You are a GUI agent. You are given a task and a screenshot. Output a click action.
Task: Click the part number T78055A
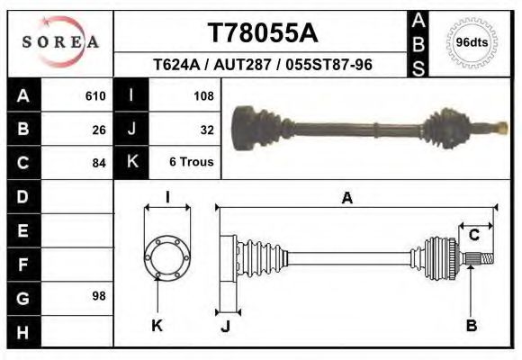[263, 33]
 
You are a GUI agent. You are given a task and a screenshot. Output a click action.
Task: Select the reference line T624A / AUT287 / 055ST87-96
[263, 66]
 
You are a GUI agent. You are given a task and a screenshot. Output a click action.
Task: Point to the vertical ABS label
[418, 42]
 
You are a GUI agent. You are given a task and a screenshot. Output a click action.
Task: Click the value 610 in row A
[95, 95]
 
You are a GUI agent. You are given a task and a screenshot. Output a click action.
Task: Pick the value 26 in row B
[99, 129]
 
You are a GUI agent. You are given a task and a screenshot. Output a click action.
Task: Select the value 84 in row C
[99, 163]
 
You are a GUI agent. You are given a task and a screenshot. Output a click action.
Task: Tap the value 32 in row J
[206, 129]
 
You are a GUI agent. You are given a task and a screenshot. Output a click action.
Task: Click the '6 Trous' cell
[191, 163]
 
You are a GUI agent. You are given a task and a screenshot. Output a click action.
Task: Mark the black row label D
[22, 195]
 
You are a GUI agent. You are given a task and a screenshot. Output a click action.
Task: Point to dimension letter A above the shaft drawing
[346, 199]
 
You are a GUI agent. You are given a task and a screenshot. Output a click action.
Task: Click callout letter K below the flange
[157, 326]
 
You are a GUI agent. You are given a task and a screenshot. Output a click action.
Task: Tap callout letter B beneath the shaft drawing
[471, 326]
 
